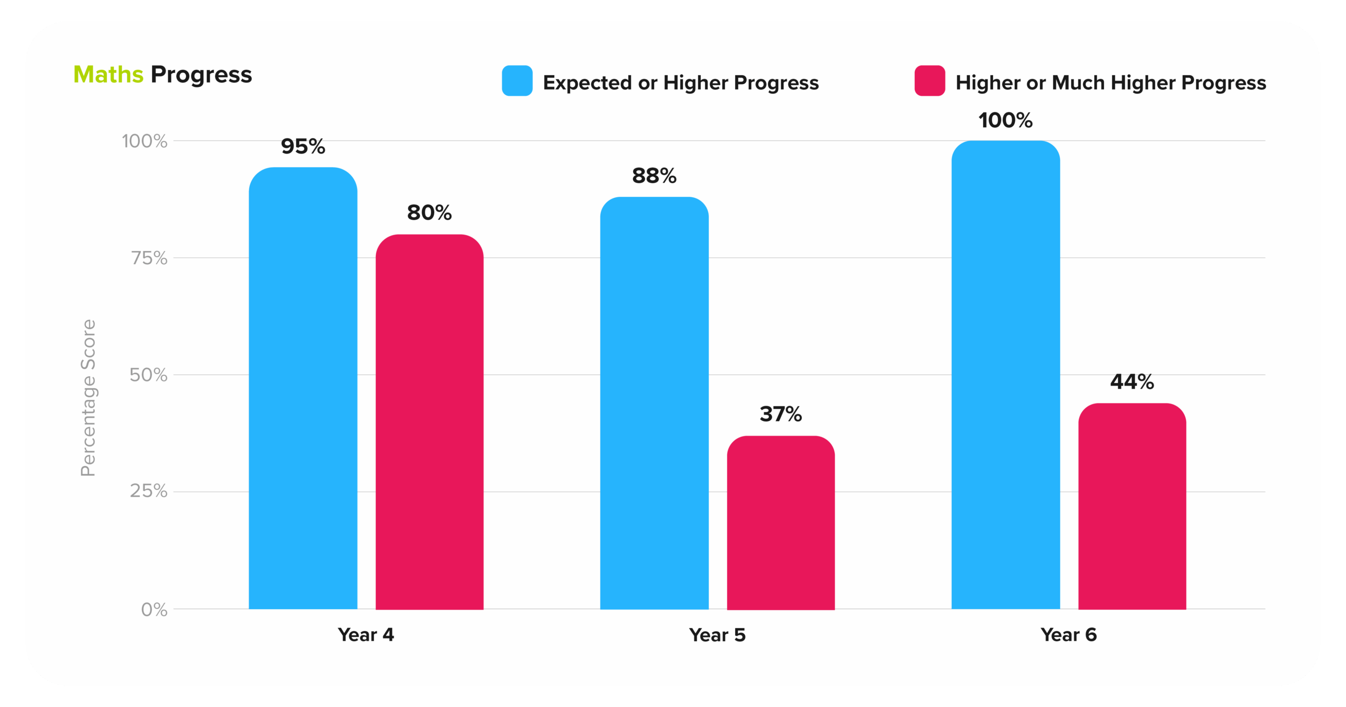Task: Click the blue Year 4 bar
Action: pyautogui.click(x=303, y=389)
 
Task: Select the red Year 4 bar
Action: pyautogui.click(x=429, y=421)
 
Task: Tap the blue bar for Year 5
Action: pyautogui.click(x=654, y=403)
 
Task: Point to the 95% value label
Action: pyautogui.click(x=303, y=146)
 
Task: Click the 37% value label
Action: pyautogui.click(x=781, y=414)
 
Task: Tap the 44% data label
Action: pyautogui.click(x=1132, y=381)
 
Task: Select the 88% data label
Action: pyautogui.click(x=654, y=176)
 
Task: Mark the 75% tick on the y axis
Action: pyautogui.click(x=149, y=258)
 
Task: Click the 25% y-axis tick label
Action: pyautogui.click(x=149, y=491)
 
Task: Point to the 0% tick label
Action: pyautogui.click(x=154, y=609)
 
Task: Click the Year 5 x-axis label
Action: pyautogui.click(x=717, y=635)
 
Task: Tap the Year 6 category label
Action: pyautogui.click(x=1068, y=635)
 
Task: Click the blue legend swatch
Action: pyautogui.click(x=517, y=81)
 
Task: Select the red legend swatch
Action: pyautogui.click(x=930, y=81)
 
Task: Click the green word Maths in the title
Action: pyautogui.click(x=108, y=75)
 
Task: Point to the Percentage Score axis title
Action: pyautogui.click(x=88, y=398)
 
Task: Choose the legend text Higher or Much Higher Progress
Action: pyautogui.click(x=1110, y=83)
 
